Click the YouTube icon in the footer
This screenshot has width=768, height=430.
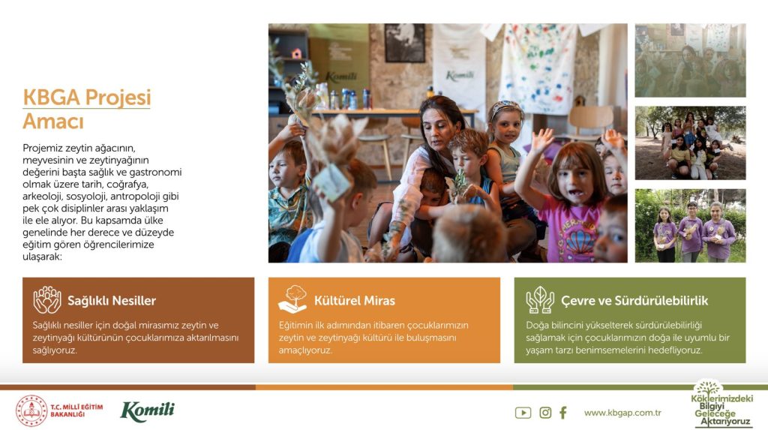pyautogui.click(x=523, y=413)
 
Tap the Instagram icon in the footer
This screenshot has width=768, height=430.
pyautogui.click(x=545, y=413)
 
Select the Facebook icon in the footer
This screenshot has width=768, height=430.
pyautogui.click(x=563, y=413)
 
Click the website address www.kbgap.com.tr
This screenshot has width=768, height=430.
pyautogui.click(x=622, y=413)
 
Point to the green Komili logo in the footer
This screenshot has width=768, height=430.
pyautogui.click(x=147, y=411)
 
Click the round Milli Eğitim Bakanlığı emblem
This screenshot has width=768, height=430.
pyautogui.click(x=31, y=411)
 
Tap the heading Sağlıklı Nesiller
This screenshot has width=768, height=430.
pyautogui.click(x=112, y=301)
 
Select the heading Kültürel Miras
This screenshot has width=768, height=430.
pyautogui.click(x=355, y=301)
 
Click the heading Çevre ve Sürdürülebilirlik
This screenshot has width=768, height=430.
pyautogui.click(x=634, y=301)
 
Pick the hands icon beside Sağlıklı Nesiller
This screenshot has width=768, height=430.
pyautogui.click(x=47, y=299)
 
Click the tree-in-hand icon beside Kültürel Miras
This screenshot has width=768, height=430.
pyautogui.click(x=292, y=299)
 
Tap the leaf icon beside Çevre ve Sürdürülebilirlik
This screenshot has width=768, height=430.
pyautogui.click(x=540, y=299)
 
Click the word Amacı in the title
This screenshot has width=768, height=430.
pyautogui.click(x=53, y=122)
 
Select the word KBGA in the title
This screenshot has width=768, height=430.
pyautogui.click(x=52, y=97)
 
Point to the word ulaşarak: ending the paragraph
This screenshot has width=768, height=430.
pyautogui.click(x=42, y=257)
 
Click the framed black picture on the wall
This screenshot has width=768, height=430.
pyautogui.click(x=405, y=43)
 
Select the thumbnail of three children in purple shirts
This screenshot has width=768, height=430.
pyautogui.click(x=690, y=226)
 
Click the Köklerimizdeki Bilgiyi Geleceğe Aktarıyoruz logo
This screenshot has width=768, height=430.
pyautogui.click(x=722, y=404)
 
